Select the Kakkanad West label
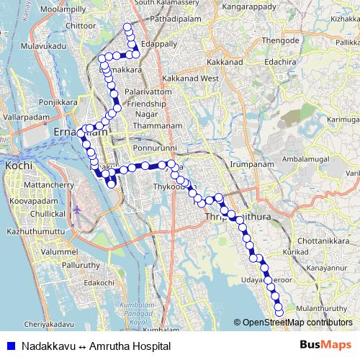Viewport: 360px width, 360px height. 191,77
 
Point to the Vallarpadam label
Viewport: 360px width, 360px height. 25,116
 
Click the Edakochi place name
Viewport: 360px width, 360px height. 99,283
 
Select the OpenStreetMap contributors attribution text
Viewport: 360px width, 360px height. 296,323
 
